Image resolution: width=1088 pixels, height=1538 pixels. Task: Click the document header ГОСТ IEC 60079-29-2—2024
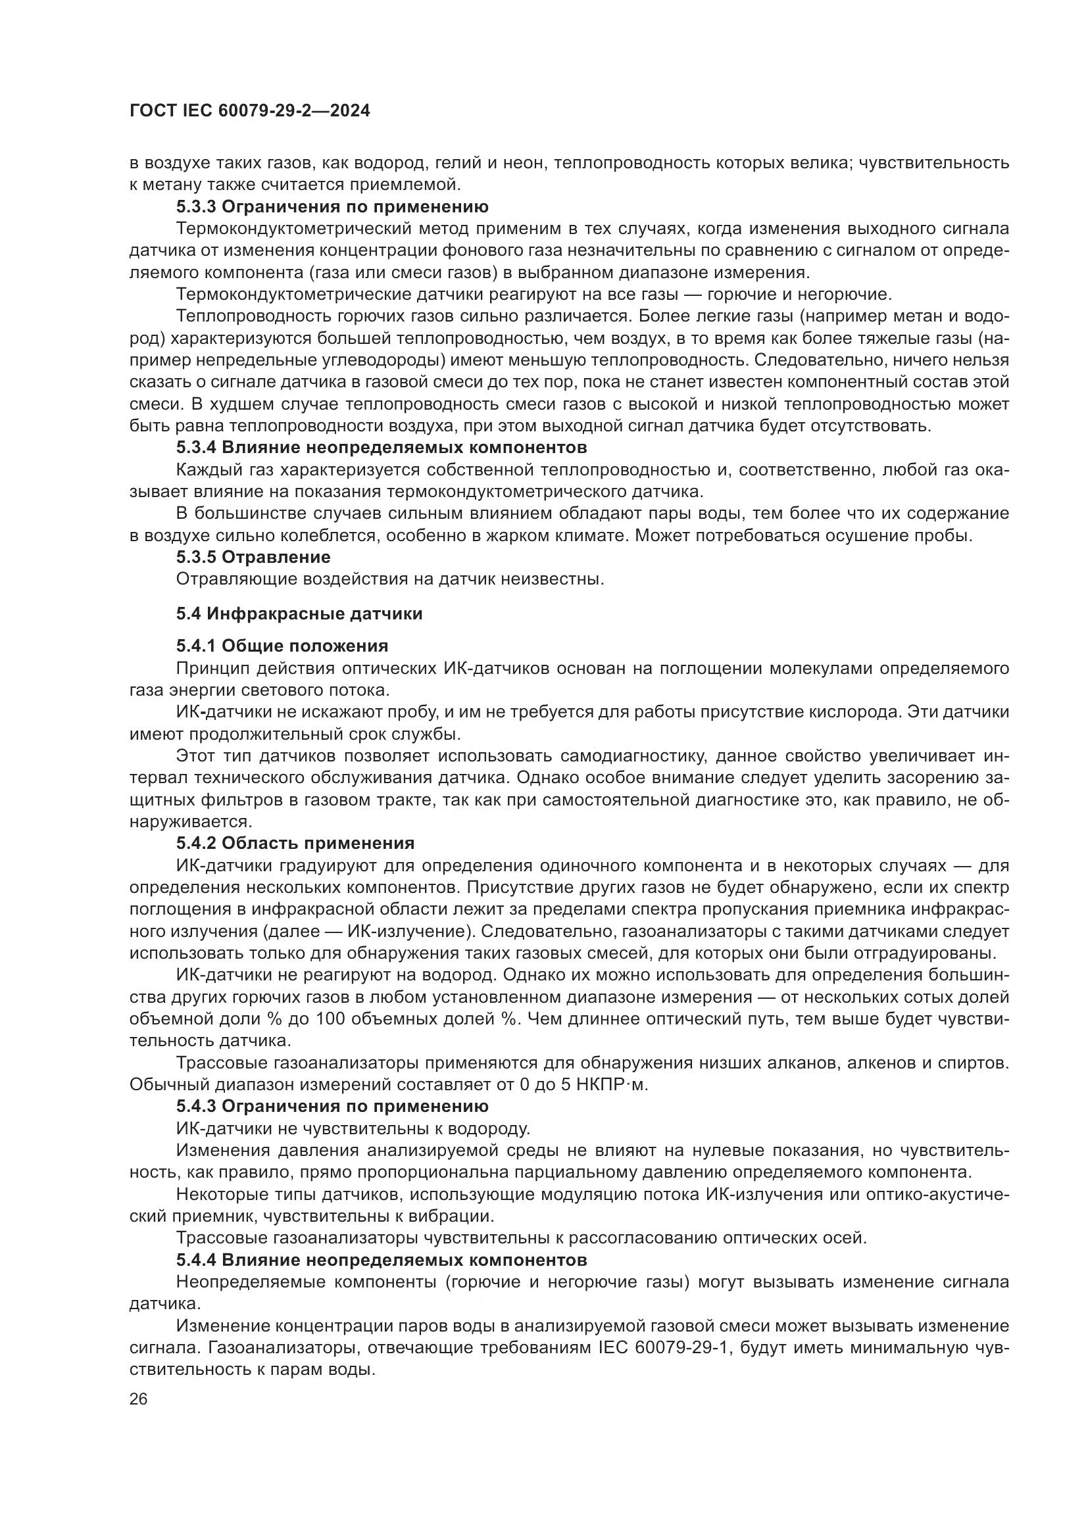(250, 111)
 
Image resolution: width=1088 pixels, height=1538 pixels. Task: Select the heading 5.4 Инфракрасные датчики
(299, 613)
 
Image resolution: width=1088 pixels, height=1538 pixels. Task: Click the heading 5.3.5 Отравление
(253, 557)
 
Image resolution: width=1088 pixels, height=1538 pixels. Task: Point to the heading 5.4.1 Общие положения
(282, 646)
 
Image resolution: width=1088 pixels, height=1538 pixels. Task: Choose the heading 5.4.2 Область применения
(295, 843)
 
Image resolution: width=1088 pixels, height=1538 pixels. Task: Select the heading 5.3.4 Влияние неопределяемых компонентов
(382, 446)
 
